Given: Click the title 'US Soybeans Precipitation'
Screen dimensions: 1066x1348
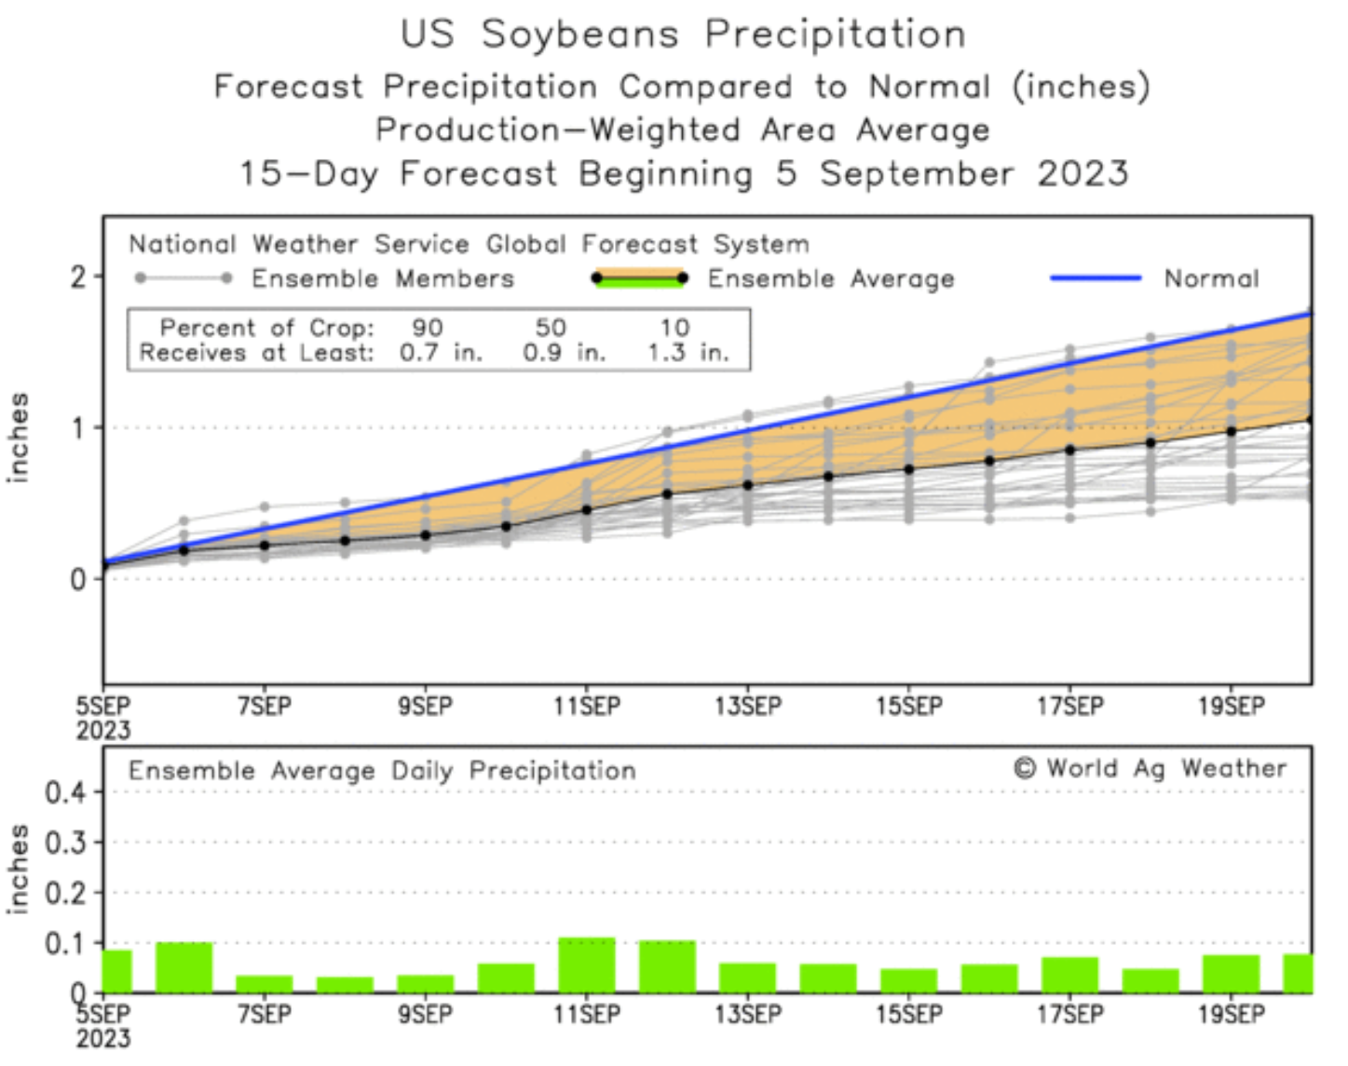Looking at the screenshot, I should pyautogui.click(x=683, y=34).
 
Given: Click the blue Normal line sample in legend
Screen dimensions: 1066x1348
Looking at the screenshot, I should pyautogui.click(x=1096, y=277).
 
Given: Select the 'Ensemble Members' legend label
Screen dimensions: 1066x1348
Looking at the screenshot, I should pyautogui.click(x=382, y=278).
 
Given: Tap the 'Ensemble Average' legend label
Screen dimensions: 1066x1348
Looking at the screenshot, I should pyautogui.click(x=830, y=278).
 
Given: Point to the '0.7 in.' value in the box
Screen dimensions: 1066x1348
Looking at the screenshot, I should pyautogui.click(x=441, y=353).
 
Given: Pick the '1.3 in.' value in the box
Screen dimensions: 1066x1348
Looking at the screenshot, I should pyautogui.click(x=688, y=353).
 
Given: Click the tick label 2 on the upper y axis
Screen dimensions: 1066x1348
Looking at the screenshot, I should pyautogui.click(x=78, y=277).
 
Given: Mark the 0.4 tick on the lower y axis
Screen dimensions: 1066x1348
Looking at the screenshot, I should pyautogui.click(x=65, y=792).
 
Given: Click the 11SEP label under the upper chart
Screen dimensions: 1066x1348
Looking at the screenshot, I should pyautogui.click(x=586, y=706).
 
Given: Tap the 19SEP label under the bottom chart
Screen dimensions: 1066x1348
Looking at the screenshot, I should pyautogui.click(x=1231, y=1013).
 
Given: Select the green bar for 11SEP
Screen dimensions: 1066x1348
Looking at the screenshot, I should pyautogui.click(x=587, y=965).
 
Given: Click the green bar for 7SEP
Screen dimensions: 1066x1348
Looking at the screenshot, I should pyautogui.click(x=265, y=984).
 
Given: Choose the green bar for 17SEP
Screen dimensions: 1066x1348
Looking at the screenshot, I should pyautogui.click(x=1069, y=975).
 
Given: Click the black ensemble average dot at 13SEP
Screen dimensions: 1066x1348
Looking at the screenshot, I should pyautogui.click(x=747, y=485).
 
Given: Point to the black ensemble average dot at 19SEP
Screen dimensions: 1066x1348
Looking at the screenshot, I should pyautogui.click(x=1231, y=431).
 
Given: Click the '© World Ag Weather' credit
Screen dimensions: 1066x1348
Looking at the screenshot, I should pyautogui.click(x=1150, y=768).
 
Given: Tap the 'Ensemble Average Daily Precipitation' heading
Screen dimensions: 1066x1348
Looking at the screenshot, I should pyautogui.click(x=382, y=771).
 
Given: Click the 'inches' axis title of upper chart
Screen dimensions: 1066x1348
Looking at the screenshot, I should pyautogui.click(x=19, y=438).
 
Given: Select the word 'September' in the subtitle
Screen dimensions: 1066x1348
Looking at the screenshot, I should pyautogui.click(x=917, y=173).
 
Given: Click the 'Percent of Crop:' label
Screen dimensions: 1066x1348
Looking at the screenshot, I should pyautogui.click(x=266, y=328).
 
